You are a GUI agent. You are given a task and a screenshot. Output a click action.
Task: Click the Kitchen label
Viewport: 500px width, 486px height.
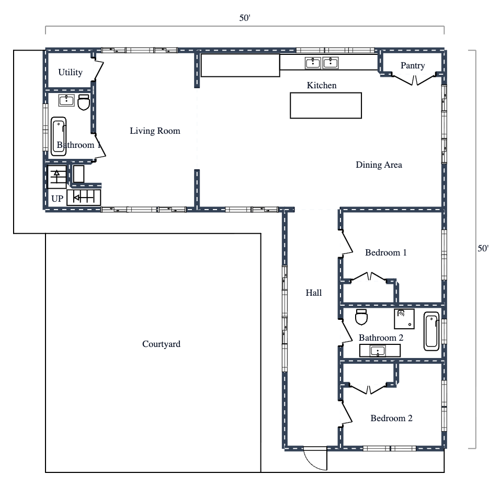pyautogui.click(x=321, y=85)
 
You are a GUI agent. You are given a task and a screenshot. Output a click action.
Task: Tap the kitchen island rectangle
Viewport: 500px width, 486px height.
pyautogui.click(x=326, y=105)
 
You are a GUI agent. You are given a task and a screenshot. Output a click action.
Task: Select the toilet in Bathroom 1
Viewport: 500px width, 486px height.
pyautogui.click(x=83, y=102)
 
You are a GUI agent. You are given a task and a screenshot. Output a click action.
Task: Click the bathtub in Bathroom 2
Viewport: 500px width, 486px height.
pyautogui.click(x=432, y=331)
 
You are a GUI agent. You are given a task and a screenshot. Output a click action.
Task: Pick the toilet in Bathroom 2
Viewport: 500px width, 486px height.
pyautogui.click(x=361, y=317)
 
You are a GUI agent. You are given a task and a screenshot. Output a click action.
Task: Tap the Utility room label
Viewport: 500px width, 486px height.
pyautogui.click(x=70, y=72)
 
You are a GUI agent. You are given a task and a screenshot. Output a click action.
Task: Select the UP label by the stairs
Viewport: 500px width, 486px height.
pyautogui.click(x=58, y=199)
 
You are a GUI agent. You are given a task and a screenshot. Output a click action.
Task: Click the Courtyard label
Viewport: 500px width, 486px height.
pyautogui.click(x=161, y=344)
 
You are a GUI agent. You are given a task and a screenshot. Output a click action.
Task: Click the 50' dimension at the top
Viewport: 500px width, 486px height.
pyautogui.click(x=245, y=18)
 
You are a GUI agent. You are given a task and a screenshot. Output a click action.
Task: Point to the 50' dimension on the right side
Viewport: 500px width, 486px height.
pyautogui.click(x=483, y=249)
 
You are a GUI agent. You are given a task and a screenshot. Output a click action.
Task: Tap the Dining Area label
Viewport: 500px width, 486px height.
pyautogui.click(x=379, y=165)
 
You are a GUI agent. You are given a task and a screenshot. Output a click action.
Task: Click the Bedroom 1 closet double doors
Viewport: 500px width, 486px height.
pyautogui.click(x=369, y=277)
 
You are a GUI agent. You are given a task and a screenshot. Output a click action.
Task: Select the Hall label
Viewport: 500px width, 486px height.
pyautogui.click(x=313, y=293)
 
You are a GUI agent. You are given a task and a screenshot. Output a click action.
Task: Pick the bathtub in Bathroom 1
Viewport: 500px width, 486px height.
pyautogui.click(x=59, y=135)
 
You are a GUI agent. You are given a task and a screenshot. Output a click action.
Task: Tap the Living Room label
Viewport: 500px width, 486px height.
pyautogui.click(x=155, y=131)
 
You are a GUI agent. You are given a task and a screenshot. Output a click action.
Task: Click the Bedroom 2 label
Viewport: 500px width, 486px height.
pyautogui.click(x=391, y=418)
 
